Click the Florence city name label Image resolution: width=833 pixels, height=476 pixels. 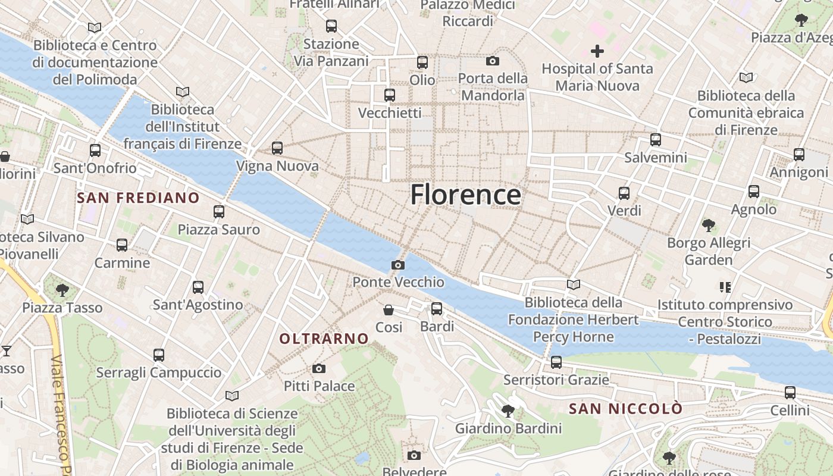(465, 195)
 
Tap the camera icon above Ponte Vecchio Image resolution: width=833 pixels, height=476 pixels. (398, 265)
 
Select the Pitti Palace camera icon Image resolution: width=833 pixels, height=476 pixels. (319, 369)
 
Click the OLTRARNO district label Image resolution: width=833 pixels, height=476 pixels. (324, 339)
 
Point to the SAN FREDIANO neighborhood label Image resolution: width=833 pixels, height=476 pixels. (138, 198)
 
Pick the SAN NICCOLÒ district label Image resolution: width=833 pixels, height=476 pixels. (625, 409)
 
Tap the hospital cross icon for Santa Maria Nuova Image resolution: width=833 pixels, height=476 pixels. (597, 51)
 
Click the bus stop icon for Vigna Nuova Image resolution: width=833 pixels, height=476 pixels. (277, 148)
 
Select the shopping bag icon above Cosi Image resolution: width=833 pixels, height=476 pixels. (389, 310)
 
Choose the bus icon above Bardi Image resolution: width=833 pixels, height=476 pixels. (437, 309)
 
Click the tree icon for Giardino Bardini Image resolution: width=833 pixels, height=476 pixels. (508, 411)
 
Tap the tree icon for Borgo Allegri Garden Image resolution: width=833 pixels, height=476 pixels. (708, 226)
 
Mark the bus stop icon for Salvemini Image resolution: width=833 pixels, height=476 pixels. (656, 140)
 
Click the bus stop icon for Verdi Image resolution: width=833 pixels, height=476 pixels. (624, 193)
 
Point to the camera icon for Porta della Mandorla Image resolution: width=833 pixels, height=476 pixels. (493, 61)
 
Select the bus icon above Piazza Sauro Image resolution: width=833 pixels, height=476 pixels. (219, 212)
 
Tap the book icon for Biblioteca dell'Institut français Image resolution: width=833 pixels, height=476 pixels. (183, 92)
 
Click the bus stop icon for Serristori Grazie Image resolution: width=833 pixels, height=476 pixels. (556, 362)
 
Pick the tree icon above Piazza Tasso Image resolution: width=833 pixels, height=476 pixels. (62, 290)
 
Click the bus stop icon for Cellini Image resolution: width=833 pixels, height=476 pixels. (790, 393)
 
